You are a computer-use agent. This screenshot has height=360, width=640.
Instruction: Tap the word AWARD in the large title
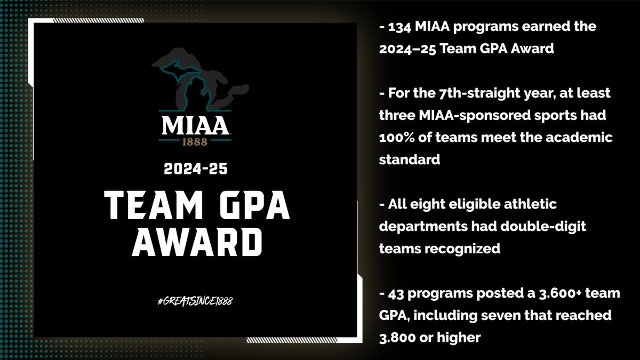coord(195,243)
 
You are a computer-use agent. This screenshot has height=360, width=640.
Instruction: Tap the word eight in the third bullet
coord(426,204)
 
